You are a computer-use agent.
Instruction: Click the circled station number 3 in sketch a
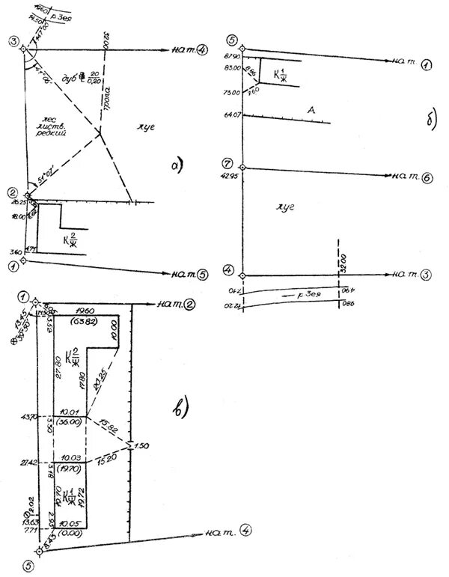(x=13, y=42)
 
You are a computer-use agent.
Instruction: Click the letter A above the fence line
(x=309, y=110)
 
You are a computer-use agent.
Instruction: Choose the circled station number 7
(x=231, y=163)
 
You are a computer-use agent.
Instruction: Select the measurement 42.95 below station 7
(x=231, y=177)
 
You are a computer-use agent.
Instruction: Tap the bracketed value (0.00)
(x=70, y=533)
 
